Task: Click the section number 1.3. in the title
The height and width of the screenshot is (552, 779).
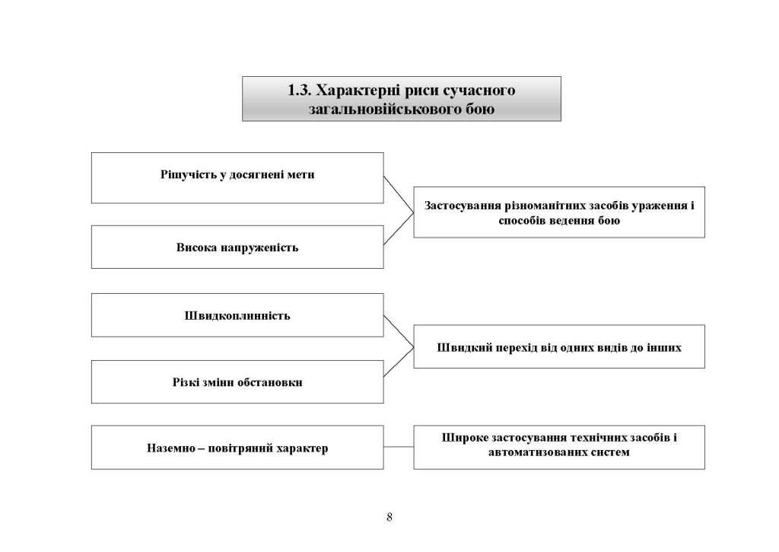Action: (x=301, y=91)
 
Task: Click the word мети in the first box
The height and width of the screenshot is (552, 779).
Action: (x=302, y=174)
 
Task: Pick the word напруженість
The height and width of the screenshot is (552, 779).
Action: (x=259, y=247)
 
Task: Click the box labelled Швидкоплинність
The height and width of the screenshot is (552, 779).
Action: (x=237, y=314)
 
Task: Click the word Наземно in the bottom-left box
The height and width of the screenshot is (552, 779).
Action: (x=170, y=448)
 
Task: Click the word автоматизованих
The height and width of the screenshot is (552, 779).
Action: (x=533, y=453)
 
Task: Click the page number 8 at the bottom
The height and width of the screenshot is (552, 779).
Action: (x=389, y=518)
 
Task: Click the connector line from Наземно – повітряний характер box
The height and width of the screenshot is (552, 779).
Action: (x=399, y=447)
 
